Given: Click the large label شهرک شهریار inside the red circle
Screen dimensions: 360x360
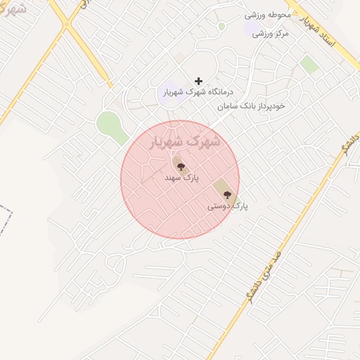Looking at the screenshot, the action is coord(186,142).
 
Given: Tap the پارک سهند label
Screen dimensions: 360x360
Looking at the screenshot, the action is coord(181,179).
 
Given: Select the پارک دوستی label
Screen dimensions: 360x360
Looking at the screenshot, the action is coord(228,207).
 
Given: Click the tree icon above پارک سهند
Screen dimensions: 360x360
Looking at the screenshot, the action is coord(181,167).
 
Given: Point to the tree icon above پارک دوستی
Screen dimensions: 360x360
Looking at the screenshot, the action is coord(226,194).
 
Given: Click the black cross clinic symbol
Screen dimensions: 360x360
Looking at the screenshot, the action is coord(198,82).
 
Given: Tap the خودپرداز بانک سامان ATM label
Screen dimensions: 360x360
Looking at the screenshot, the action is coord(251,105).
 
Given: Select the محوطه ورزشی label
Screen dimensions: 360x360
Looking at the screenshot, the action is coord(268,14).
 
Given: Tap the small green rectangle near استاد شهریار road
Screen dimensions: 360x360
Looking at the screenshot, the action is coord(309,65).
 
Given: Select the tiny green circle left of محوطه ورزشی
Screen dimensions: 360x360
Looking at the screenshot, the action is coord(221,26).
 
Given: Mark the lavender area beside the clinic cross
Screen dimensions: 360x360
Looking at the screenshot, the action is coord(169,94).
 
